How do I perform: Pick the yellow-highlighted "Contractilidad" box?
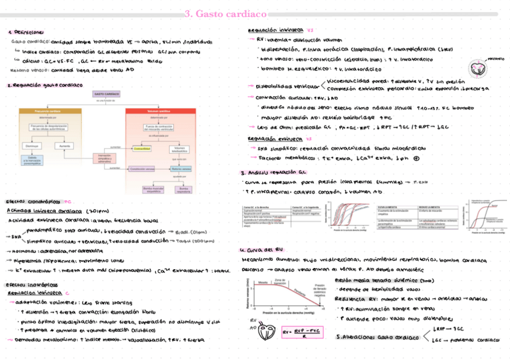[142, 148]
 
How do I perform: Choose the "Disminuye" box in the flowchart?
[32, 146]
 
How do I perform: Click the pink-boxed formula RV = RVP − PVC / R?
[299, 332]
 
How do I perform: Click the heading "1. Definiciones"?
[25, 32]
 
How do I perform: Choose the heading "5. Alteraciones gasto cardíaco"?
[378, 337]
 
